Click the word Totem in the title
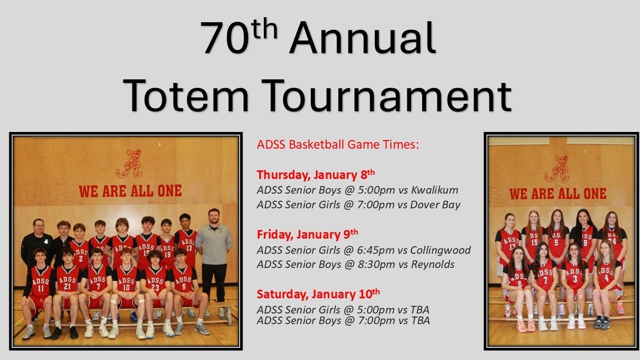pos(186,96)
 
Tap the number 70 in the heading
pos(225,37)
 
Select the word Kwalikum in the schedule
pos(435,190)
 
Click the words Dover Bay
pos(435,205)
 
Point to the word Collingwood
pos(440,250)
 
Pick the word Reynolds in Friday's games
pos(433,264)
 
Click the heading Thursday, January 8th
pos(316,174)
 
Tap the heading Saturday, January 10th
pos(318,294)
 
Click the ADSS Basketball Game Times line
pos(338,145)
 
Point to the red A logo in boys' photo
pos(129,164)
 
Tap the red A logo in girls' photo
pos(557,168)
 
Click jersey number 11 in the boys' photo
pos(41,288)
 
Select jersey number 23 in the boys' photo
pos(155,287)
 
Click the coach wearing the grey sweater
pos(214,257)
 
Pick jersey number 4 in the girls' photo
pos(606,278)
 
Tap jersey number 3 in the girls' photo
pos(575,279)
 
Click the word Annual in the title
pos(362,37)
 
